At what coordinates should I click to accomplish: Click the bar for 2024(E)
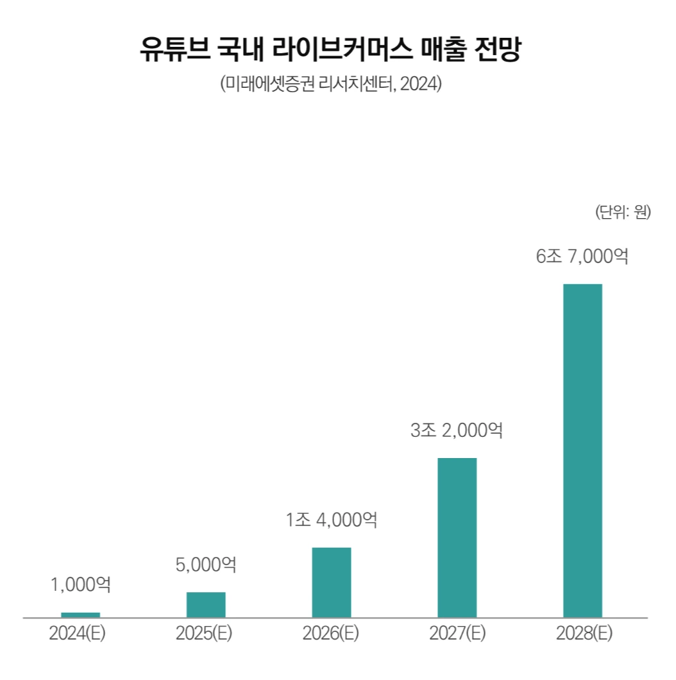coord(80,615)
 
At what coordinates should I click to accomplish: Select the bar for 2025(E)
coord(206,604)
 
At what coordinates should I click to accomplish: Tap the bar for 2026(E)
coord(332,582)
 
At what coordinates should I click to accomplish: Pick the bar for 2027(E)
coord(457,537)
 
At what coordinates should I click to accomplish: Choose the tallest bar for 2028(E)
coord(582,450)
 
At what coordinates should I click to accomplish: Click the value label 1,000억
coord(80,584)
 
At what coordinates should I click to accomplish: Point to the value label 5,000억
coord(206,565)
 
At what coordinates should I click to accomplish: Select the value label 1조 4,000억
coord(332,520)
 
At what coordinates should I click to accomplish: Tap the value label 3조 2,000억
coord(457,430)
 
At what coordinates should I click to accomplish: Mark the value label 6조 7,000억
coord(582,257)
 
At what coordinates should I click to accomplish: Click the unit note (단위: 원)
coord(623,212)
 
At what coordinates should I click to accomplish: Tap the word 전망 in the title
coord(503,50)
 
